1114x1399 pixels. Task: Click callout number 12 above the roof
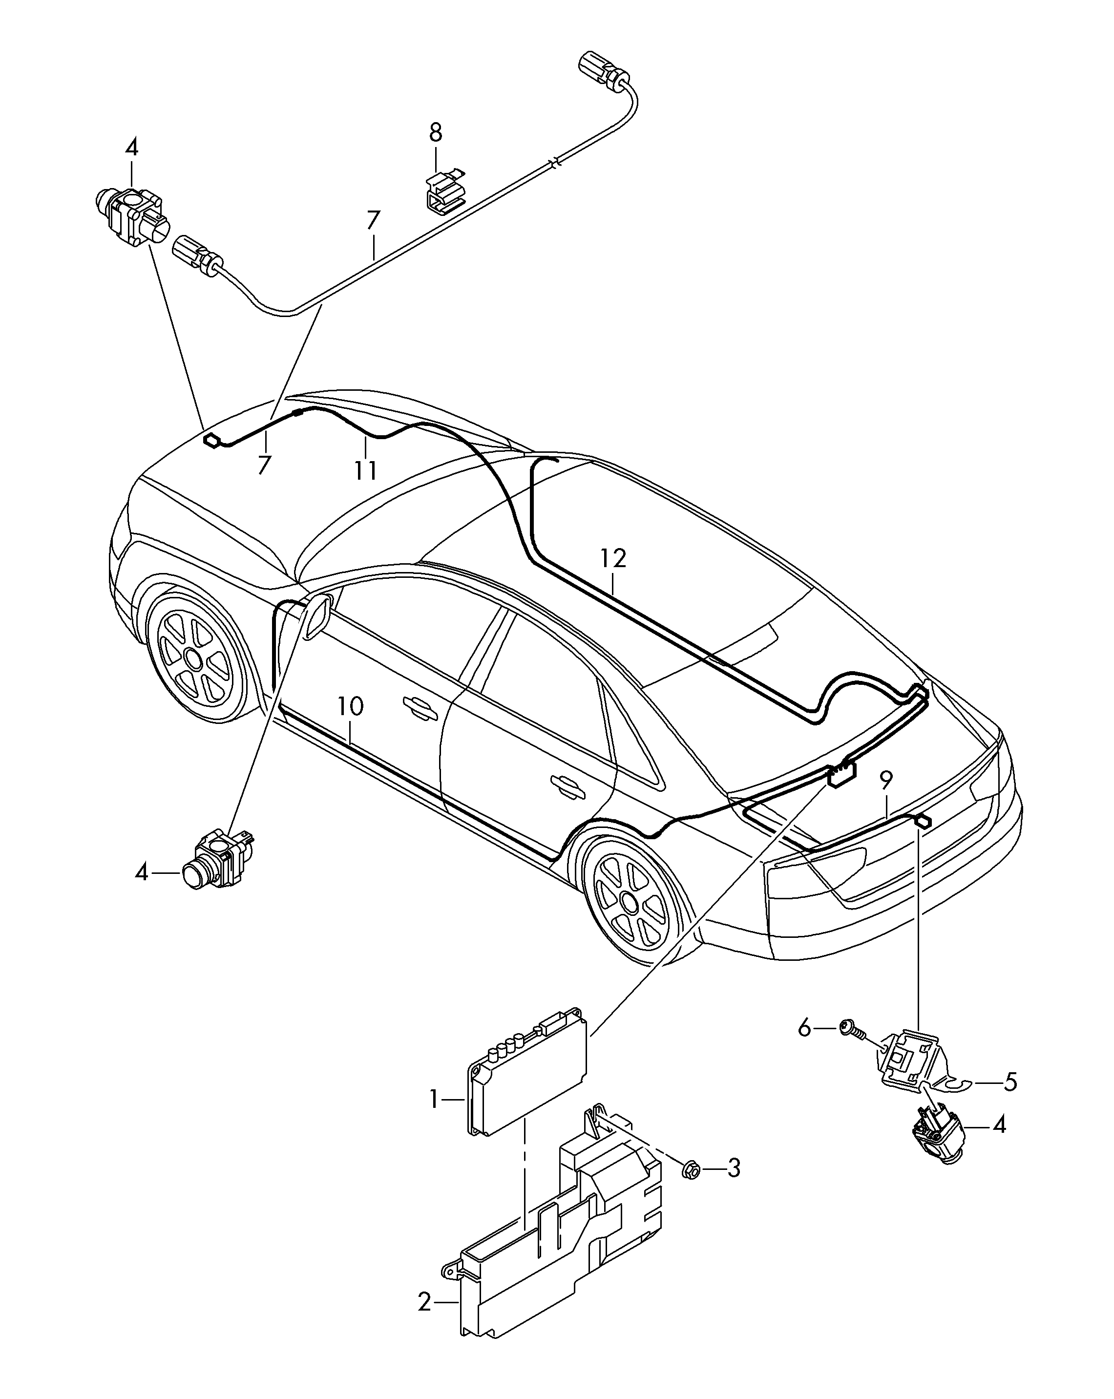pyautogui.click(x=612, y=558)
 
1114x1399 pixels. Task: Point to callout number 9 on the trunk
pyautogui.click(x=886, y=779)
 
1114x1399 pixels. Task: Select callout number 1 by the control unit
pyautogui.click(x=434, y=1099)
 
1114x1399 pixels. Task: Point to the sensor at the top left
pyautogui.click(x=133, y=216)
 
